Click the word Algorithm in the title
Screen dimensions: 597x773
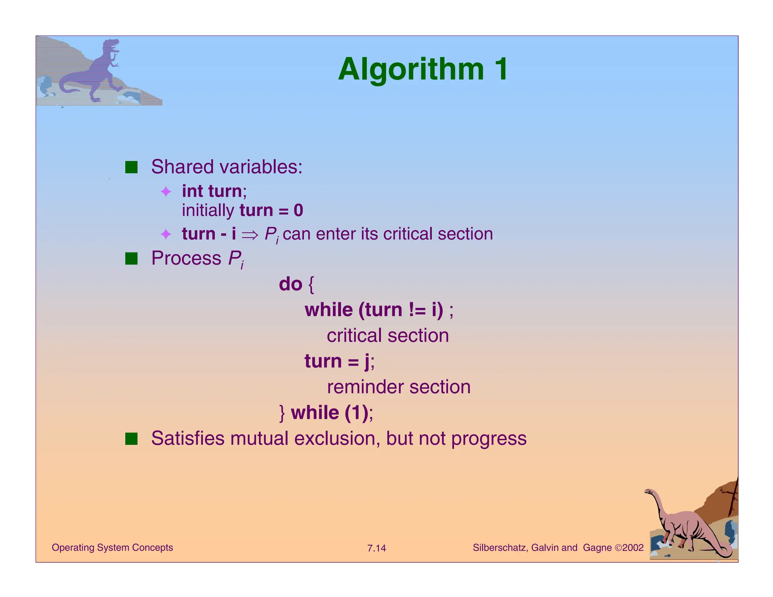pyautogui.click(x=411, y=69)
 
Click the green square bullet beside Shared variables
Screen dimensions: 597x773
pyautogui.click(x=131, y=167)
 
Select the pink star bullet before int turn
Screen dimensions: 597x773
pyautogui.click(x=166, y=192)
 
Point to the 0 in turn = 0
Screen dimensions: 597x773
pyautogui.click(x=298, y=211)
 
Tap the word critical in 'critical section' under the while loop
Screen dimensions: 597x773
pyautogui.click(x=354, y=335)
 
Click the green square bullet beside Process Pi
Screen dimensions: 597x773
pyautogui.click(x=131, y=259)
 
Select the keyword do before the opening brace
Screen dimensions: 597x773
pyautogui.click(x=290, y=284)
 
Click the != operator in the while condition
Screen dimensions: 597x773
pyautogui.click(x=417, y=310)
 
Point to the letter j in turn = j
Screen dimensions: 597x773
pyautogui.click(x=367, y=362)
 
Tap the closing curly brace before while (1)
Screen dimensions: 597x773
pyautogui.click(x=282, y=413)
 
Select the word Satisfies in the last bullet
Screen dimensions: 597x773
pyautogui.click(x=188, y=439)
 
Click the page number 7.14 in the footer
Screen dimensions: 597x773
pyautogui.click(x=376, y=548)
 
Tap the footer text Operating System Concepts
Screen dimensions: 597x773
pyautogui.click(x=112, y=548)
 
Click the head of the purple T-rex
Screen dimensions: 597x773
pyautogui.click(x=112, y=45)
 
